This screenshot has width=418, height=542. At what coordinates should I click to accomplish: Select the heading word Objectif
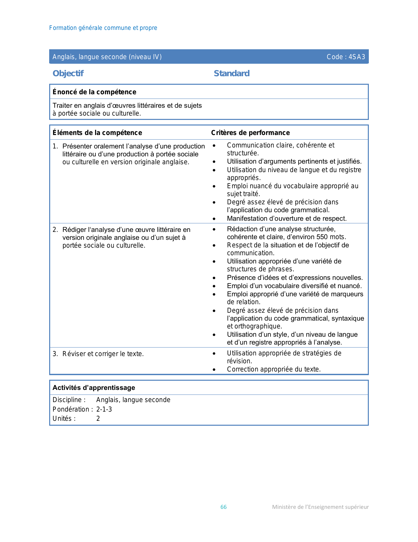click(x=68, y=73)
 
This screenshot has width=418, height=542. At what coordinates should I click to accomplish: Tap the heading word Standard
click(x=231, y=73)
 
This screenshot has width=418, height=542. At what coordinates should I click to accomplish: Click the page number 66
click(x=224, y=507)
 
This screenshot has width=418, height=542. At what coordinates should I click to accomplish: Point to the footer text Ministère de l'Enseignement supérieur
click(x=320, y=507)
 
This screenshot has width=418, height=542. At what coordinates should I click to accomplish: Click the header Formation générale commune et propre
click(x=103, y=28)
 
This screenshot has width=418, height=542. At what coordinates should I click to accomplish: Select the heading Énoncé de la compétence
click(x=94, y=92)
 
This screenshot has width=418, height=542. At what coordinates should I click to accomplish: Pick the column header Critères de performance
click(x=250, y=133)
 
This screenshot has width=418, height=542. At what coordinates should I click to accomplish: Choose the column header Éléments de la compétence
click(x=97, y=133)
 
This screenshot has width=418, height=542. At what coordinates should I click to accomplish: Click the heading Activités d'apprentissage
click(x=94, y=388)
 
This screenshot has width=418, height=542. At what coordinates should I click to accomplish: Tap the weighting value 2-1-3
click(x=104, y=409)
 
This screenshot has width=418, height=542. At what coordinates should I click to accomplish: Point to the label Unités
click(x=64, y=418)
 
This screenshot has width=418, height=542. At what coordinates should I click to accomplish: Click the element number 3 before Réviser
click(x=55, y=354)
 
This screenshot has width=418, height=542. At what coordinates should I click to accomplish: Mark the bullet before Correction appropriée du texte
click(x=214, y=370)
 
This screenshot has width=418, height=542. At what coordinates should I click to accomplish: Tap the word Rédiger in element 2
click(x=74, y=230)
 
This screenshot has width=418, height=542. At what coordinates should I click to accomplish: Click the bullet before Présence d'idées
click(x=214, y=278)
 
